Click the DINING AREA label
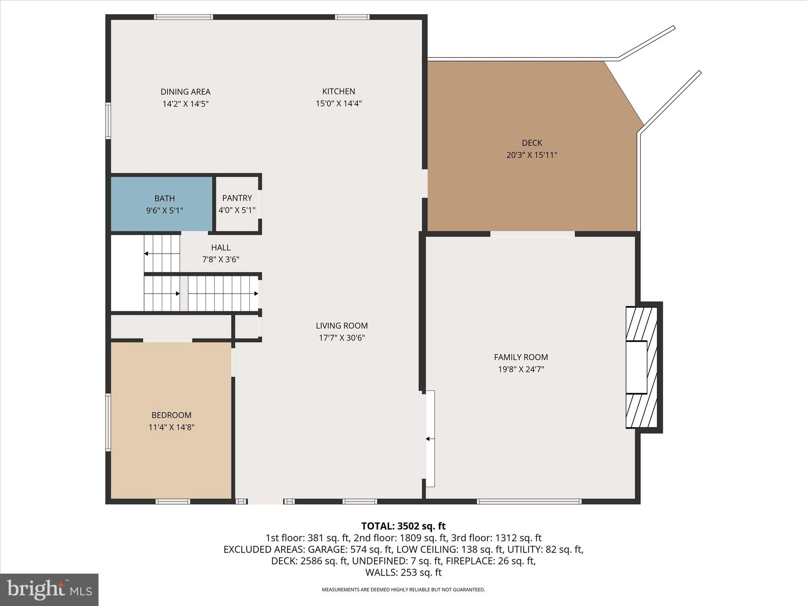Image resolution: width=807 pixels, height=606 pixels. (x=185, y=92)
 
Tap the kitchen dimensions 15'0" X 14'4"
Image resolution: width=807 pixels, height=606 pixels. (x=338, y=104)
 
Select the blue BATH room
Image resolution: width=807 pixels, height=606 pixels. (x=162, y=204)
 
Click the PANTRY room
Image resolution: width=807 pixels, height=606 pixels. (x=237, y=204)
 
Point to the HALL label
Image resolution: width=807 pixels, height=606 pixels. (x=221, y=247)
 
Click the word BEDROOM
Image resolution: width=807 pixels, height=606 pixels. (x=171, y=415)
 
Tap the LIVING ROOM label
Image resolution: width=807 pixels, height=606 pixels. (x=342, y=326)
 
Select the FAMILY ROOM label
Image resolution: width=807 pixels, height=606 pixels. (x=521, y=357)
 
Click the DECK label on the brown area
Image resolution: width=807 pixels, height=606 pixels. (x=532, y=143)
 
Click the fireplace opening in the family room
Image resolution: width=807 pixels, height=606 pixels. (x=636, y=367)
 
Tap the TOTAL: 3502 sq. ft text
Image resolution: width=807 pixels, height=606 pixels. (x=403, y=526)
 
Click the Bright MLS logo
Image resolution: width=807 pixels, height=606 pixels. (x=49, y=589)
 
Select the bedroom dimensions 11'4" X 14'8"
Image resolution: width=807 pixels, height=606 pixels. (x=171, y=427)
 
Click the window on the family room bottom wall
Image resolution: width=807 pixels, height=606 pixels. (x=529, y=501)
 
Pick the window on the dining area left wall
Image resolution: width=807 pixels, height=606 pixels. (x=108, y=121)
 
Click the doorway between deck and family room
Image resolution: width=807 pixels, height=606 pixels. (x=532, y=234)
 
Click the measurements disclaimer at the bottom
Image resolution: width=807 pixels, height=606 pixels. (x=403, y=590)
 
